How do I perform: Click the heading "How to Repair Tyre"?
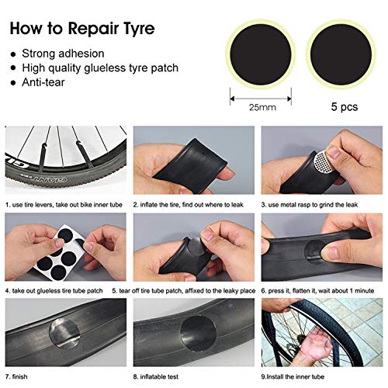click(x=82, y=29)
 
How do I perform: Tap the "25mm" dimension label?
click(x=262, y=107)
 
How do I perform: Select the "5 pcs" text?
click(x=345, y=106)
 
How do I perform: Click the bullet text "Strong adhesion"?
click(x=63, y=54)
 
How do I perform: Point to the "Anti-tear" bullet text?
click(x=43, y=82)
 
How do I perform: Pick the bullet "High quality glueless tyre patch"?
click(x=100, y=68)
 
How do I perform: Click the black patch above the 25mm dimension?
click(x=261, y=54)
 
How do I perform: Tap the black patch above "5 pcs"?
click(x=341, y=54)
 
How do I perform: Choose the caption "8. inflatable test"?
click(x=156, y=376)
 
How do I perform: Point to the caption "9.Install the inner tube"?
click(x=293, y=376)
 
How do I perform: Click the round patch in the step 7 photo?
click(x=64, y=333)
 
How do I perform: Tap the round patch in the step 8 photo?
click(x=198, y=334)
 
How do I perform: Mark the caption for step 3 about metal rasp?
click(x=310, y=205)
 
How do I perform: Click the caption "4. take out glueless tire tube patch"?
click(x=54, y=291)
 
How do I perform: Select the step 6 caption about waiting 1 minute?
click(x=317, y=291)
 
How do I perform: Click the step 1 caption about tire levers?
click(x=64, y=205)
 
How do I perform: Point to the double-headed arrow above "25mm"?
click(x=261, y=99)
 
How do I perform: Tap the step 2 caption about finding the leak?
click(x=189, y=205)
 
